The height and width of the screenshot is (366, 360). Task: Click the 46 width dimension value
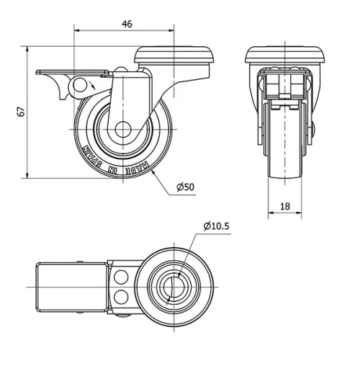127,24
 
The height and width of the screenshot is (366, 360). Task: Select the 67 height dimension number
21,111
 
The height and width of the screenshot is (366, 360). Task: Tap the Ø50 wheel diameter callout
186,187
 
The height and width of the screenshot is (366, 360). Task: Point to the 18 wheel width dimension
284,206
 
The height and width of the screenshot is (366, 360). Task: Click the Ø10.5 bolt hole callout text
217,226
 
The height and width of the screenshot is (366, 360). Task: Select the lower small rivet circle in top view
121,296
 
